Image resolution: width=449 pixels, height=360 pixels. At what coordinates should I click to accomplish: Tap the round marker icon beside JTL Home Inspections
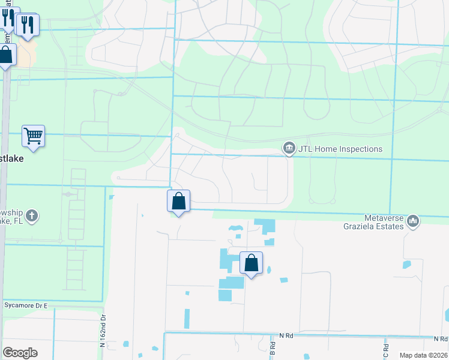coord(289,148)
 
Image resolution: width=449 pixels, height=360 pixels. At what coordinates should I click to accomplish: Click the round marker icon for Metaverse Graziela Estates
coord(413,222)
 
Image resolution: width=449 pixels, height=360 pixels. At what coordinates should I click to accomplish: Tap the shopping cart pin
coord(34,136)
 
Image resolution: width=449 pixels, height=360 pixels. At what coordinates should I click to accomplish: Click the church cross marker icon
coord(32,216)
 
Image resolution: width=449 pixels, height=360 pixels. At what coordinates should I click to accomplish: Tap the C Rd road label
coord(387,347)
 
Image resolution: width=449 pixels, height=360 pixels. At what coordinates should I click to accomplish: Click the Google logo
coord(20,353)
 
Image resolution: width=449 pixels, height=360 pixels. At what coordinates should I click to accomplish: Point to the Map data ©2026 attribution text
coord(424,355)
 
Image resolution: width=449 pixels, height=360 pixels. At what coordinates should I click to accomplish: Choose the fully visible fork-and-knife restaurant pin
coord(28,25)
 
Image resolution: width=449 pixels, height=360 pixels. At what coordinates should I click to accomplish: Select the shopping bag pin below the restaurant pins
coord(6,56)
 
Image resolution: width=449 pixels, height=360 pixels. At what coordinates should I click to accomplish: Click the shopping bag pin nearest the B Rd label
coord(251,263)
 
